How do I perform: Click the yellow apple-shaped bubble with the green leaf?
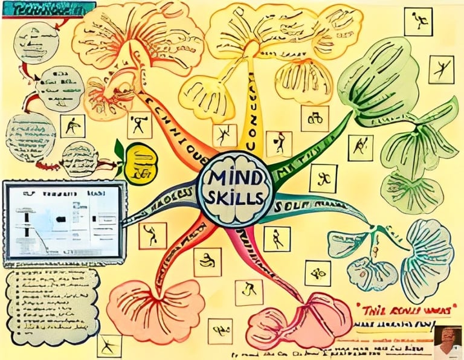click(140, 163)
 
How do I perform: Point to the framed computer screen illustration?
click(63, 223)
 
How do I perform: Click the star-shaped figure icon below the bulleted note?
click(109, 346)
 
